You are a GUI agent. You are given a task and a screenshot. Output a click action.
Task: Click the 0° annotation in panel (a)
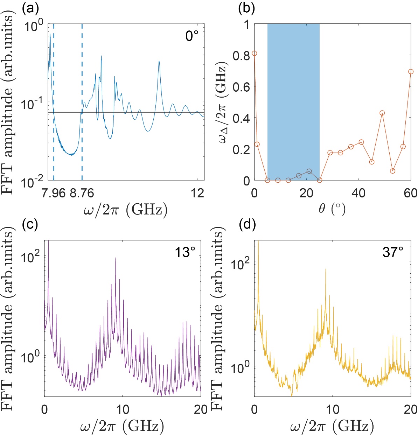tap(192, 36)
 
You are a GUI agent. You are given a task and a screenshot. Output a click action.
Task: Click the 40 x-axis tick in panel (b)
tap(358, 193)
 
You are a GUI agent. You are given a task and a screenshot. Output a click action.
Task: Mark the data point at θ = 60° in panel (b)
tap(411, 71)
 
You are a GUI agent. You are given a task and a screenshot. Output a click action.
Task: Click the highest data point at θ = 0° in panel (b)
tap(255, 53)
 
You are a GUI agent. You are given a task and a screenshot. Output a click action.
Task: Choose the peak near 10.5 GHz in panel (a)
tap(159, 62)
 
